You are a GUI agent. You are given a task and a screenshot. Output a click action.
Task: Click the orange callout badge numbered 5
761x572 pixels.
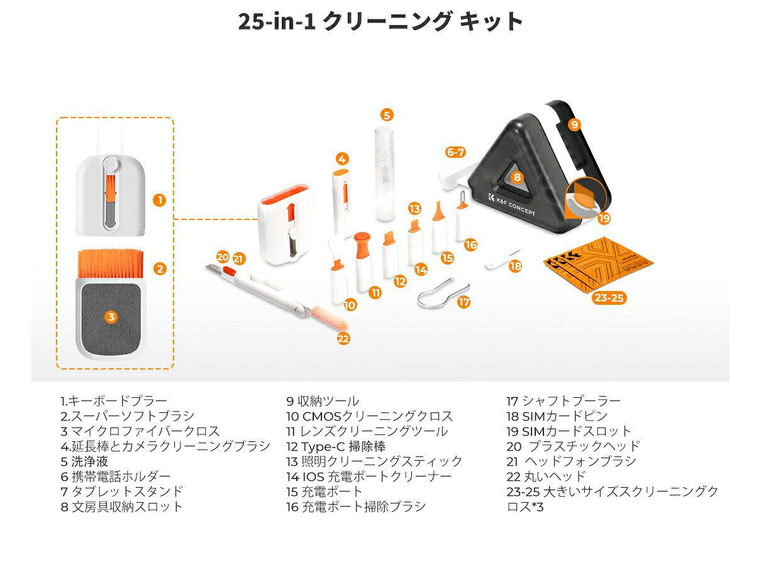(387, 115)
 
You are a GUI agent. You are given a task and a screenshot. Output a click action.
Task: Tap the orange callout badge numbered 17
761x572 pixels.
(464, 302)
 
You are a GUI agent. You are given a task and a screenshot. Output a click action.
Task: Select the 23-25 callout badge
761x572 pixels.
(609, 297)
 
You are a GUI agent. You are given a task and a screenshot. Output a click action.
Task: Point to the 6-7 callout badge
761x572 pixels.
(455, 152)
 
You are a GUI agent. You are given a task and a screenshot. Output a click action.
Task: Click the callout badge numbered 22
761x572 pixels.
(343, 339)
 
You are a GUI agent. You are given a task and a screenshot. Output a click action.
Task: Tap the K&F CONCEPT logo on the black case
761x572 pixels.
(511, 204)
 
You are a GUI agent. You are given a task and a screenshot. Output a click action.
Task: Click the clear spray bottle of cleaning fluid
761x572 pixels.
(385, 173)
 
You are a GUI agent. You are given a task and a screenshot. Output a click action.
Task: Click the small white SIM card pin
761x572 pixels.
(502, 260)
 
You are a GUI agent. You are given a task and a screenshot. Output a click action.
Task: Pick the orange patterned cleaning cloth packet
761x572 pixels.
(598, 263)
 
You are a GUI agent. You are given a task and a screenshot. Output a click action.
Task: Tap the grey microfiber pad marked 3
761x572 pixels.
(111, 317)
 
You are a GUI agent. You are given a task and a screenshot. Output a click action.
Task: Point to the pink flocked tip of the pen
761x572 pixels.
(330, 317)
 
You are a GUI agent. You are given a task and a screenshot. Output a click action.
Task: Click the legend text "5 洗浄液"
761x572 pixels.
(84, 461)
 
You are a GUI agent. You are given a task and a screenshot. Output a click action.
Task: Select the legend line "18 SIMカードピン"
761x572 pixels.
(557, 415)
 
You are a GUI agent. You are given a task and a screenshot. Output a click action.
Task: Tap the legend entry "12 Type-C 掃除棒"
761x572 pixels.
(336, 446)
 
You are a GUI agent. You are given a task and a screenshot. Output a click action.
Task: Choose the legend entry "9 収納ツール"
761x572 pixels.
(323, 401)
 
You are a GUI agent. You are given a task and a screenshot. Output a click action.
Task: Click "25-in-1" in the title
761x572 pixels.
(277, 21)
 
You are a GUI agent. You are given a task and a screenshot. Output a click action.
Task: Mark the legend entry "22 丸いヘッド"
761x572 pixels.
(546, 476)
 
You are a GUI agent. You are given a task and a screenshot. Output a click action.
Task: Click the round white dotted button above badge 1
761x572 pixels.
(111, 164)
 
